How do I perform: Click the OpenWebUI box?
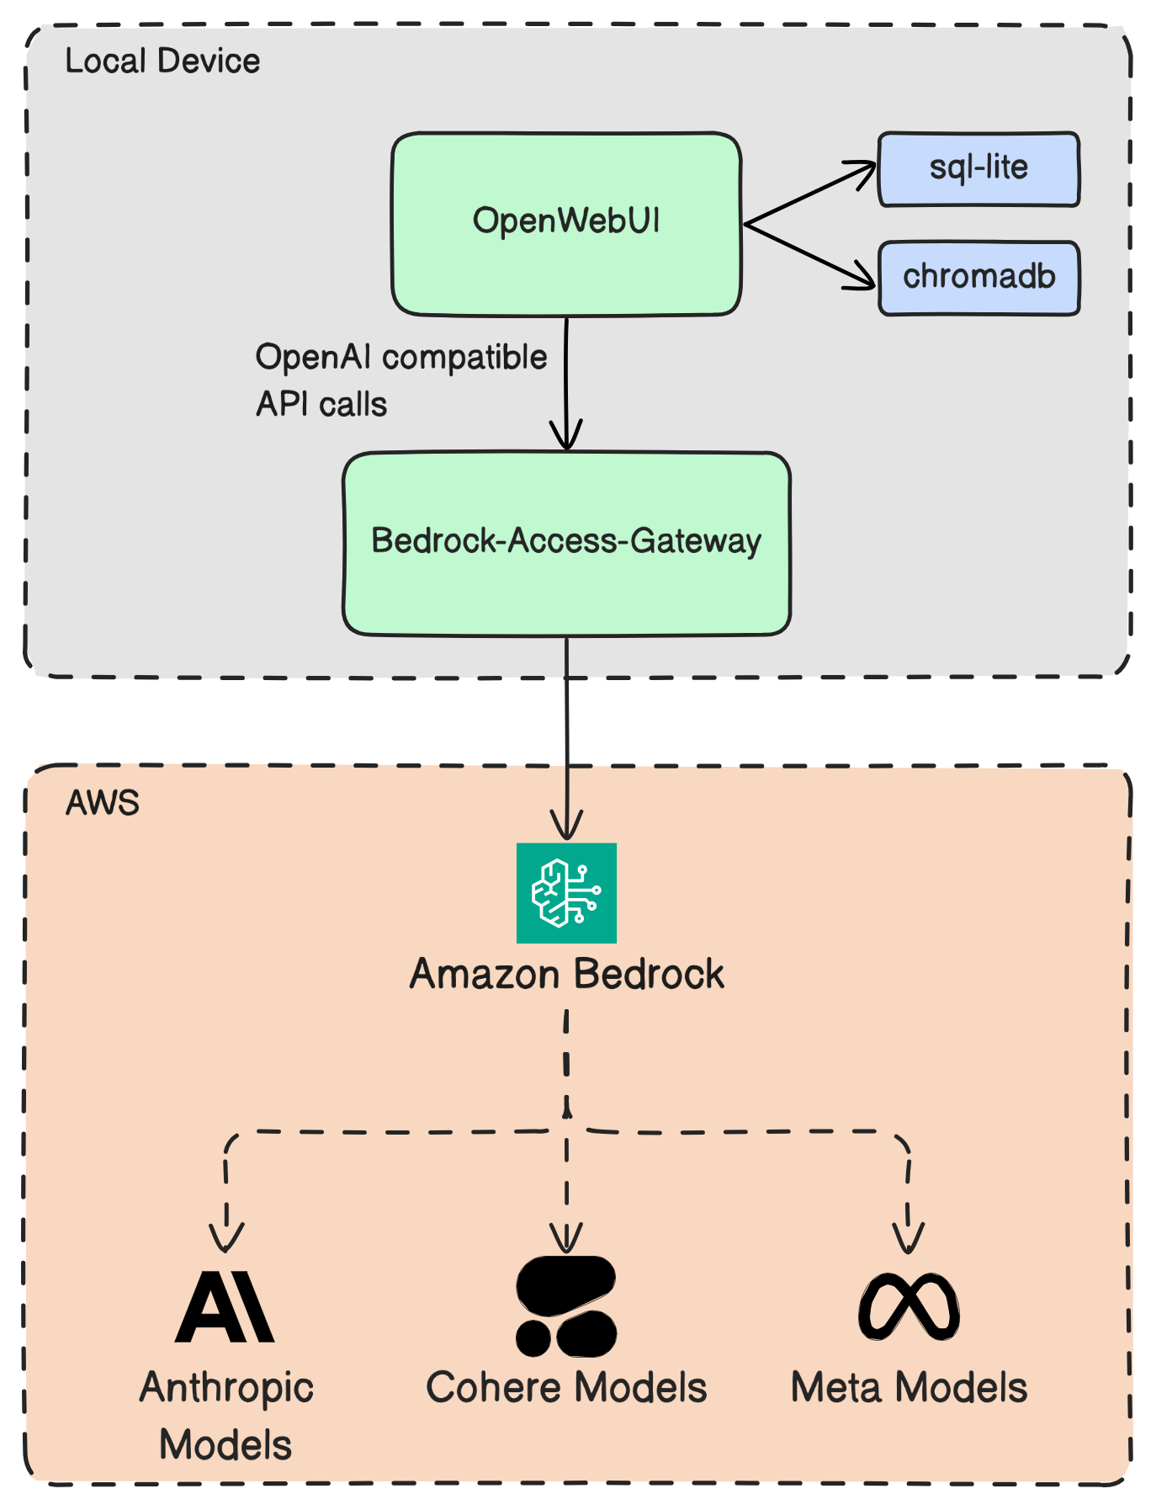tap(566, 224)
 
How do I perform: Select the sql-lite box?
tap(978, 168)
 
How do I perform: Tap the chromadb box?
tap(978, 278)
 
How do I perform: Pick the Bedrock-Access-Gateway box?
tap(566, 544)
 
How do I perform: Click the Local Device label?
tap(162, 61)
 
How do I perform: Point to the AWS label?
tap(103, 804)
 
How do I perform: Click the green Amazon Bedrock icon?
tap(566, 893)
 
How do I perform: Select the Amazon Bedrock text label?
tap(566, 975)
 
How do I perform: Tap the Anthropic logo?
tap(225, 1307)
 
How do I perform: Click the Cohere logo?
tap(566, 1306)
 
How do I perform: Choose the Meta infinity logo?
tap(909, 1307)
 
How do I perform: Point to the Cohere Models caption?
tap(566, 1388)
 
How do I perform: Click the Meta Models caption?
tap(909, 1388)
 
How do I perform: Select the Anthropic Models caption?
tap(225, 1417)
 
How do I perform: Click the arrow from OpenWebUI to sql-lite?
tap(810, 194)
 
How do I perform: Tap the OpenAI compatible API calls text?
tap(401, 380)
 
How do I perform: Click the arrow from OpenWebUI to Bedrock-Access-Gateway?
tap(566, 384)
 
